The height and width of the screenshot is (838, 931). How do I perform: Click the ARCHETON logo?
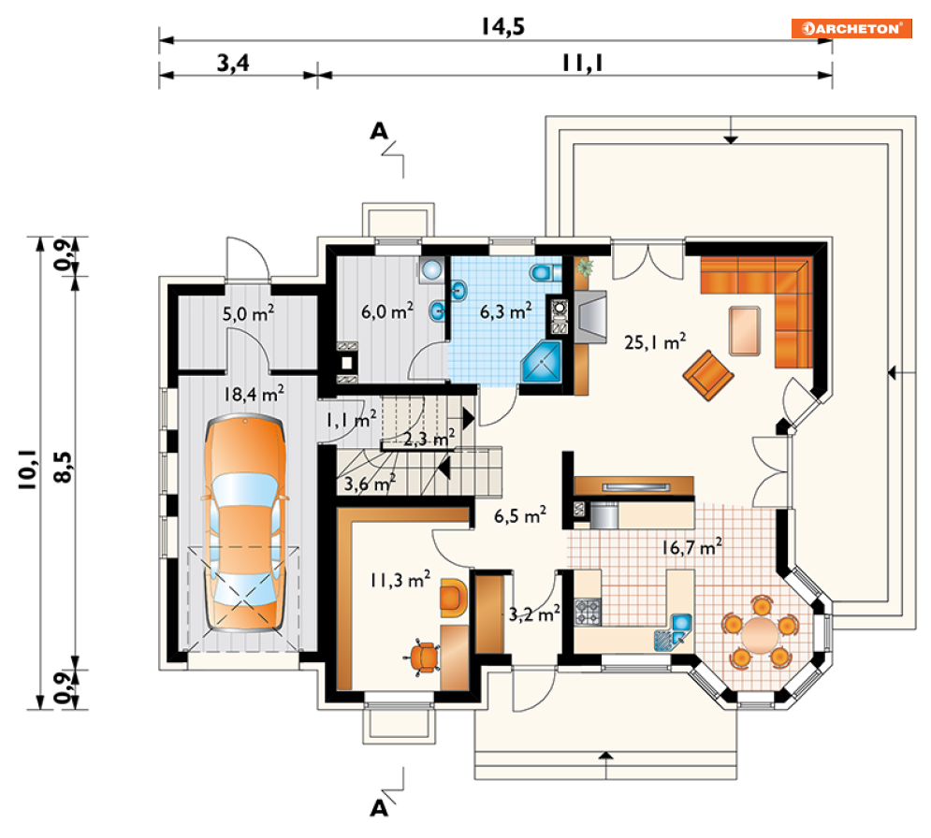pyautogui.click(x=851, y=28)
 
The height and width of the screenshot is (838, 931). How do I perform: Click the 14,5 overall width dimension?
pyautogui.click(x=502, y=27)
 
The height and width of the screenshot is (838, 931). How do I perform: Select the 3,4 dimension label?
pyautogui.click(x=233, y=63)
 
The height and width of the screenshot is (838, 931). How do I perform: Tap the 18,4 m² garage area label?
pyautogui.click(x=254, y=394)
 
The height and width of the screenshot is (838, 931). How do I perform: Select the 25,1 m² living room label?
pyautogui.click(x=655, y=341)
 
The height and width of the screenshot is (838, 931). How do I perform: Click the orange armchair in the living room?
pyautogui.click(x=708, y=375)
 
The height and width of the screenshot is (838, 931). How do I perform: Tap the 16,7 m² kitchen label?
pyautogui.click(x=691, y=546)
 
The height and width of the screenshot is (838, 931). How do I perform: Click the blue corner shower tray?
pyautogui.click(x=541, y=361)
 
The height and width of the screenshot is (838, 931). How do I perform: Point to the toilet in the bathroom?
pyautogui.click(x=546, y=273)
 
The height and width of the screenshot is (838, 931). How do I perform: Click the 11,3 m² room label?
pyautogui.click(x=400, y=579)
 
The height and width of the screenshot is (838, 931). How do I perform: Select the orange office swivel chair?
pyautogui.click(x=423, y=657)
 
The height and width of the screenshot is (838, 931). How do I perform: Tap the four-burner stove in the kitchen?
pyautogui.click(x=588, y=612)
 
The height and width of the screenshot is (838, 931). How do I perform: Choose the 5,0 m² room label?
pyautogui.click(x=248, y=312)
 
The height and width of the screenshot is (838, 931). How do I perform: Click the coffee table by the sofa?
pyautogui.click(x=745, y=330)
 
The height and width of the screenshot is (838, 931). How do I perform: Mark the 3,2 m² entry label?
pyautogui.click(x=534, y=614)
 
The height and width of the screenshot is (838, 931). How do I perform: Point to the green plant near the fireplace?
pyautogui.click(x=584, y=267)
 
